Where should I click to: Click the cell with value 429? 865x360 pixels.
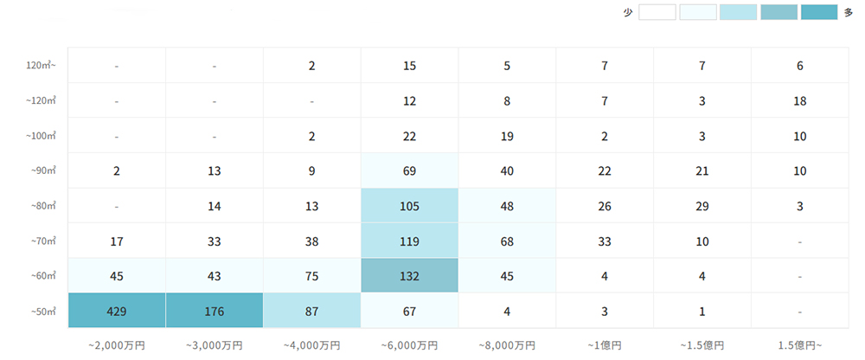pyautogui.click(x=116, y=311)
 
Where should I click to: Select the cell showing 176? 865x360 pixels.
pyautogui.click(x=214, y=311)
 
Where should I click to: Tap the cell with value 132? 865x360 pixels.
pyautogui.click(x=410, y=276)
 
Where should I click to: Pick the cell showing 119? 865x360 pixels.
pyautogui.click(x=410, y=241)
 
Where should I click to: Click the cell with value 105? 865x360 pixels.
pyautogui.click(x=410, y=206)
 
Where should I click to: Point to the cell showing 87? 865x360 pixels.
pyautogui.click(x=311, y=311)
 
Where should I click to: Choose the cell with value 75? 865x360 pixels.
pyautogui.click(x=311, y=276)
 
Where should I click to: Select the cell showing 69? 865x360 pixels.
pyautogui.click(x=410, y=170)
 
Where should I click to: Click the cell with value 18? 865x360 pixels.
pyautogui.click(x=800, y=100)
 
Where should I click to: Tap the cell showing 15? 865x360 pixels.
pyautogui.click(x=410, y=66)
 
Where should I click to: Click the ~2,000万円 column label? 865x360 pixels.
pyautogui.click(x=116, y=344)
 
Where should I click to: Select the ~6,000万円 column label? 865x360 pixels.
pyautogui.click(x=410, y=344)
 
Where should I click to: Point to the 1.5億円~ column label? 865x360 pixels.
pyautogui.click(x=800, y=344)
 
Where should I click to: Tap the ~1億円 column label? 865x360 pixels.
pyautogui.click(x=605, y=344)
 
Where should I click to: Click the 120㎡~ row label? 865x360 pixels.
pyautogui.click(x=41, y=66)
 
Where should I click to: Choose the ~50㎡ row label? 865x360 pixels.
pyautogui.click(x=43, y=311)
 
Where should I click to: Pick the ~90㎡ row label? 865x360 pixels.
pyautogui.click(x=43, y=170)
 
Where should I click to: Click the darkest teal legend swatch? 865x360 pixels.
pyautogui.click(x=819, y=12)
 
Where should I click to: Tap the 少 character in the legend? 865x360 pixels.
pyautogui.click(x=628, y=12)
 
